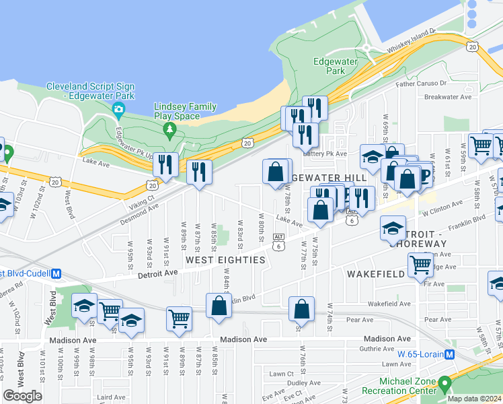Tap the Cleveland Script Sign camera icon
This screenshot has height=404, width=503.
pyautogui.click(x=118, y=109)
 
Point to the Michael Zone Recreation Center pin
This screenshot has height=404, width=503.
pyautogui.click(x=444, y=385)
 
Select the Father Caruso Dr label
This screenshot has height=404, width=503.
pyautogui.click(x=421, y=84)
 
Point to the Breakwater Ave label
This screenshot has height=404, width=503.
pyautogui.click(x=448, y=97)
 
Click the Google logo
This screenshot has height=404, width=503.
pyautogui.click(x=23, y=396)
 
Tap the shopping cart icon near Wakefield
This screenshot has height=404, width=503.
pyautogui.click(x=421, y=265)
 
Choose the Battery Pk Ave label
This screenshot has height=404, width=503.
pyautogui.click(x=327, y=154)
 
